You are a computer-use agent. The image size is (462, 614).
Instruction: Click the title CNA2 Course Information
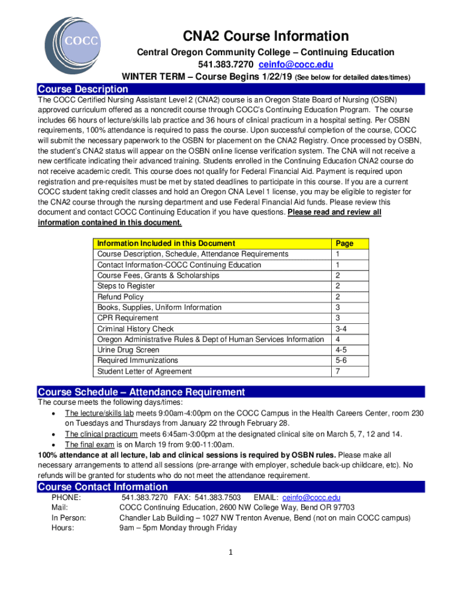[x=266, y=36]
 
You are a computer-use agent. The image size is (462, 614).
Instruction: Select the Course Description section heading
[x=83, y=89]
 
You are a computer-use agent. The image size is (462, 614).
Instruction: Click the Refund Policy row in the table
[x=121, y=297]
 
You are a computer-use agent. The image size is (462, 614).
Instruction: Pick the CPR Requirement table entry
[x=128, y=318]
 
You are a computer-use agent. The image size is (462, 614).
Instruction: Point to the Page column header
[x=344, y=243]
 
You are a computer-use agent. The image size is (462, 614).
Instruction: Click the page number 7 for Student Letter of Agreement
[x=338, y=371]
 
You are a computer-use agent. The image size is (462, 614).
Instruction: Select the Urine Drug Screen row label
[x=128, y=350]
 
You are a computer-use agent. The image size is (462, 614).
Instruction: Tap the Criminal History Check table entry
[x=136, y=329]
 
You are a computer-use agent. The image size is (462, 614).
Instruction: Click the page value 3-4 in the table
[x=341, y=329]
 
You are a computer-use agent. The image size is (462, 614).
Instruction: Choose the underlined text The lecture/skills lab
[x=99, y=413]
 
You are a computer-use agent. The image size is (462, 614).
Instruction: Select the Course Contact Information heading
[x=103, y=487]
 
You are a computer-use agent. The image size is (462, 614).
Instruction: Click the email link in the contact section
[x=311, y=498]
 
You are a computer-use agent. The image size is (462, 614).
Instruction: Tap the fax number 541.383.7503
[x=218, y=498]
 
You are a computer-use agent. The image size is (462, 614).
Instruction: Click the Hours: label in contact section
[x=63, y=528]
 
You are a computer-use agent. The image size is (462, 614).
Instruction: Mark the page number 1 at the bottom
[x=230, y=552]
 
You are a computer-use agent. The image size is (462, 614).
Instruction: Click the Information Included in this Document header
[x=166, y=243]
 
